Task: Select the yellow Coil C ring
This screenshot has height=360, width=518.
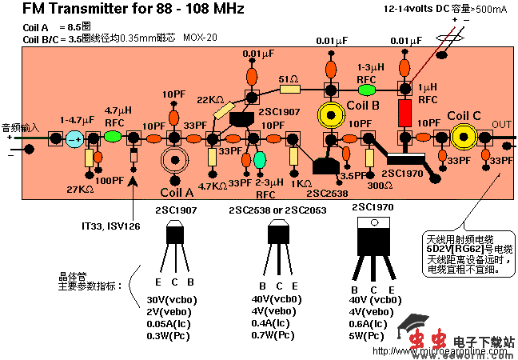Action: coord(462,138)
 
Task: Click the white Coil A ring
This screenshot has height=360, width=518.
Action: coord(173,160)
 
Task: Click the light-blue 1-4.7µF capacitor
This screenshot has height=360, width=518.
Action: coord(74,138)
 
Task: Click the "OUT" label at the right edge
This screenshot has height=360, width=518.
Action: coord(501,124)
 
